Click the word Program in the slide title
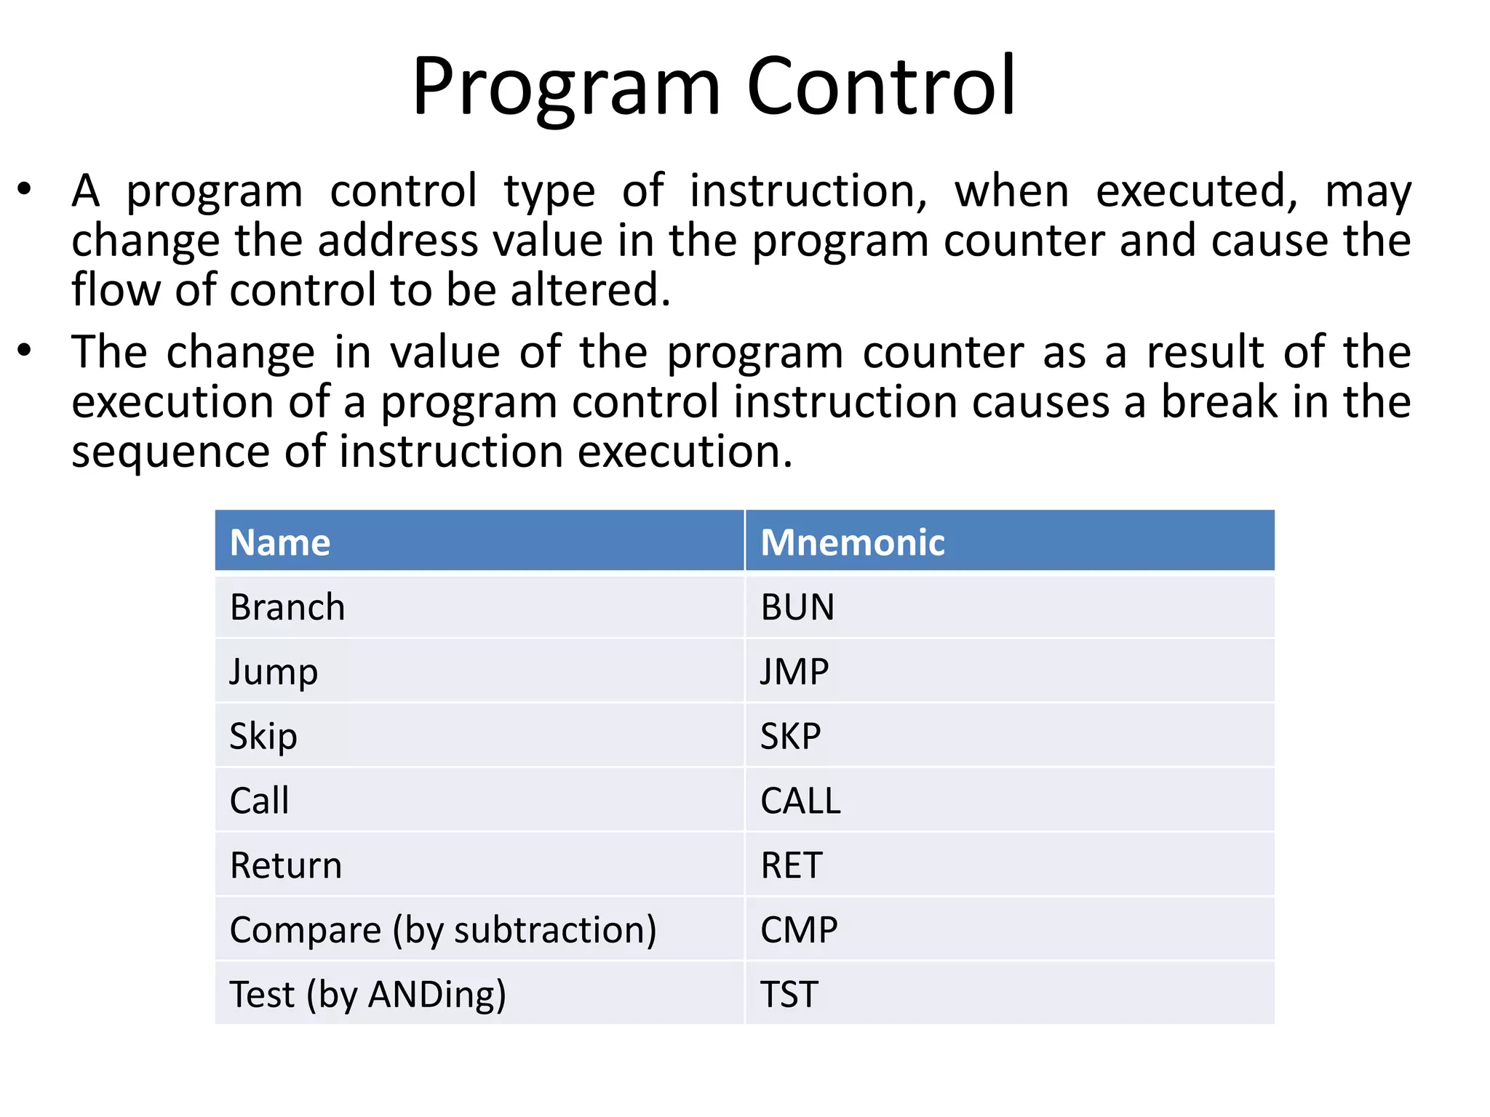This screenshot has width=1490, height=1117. (566, 87)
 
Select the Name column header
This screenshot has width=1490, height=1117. (280, 543)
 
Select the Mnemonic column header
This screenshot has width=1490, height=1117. (852, 543)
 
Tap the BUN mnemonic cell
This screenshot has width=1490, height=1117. (797, 607)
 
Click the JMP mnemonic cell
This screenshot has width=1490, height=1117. (794, 671)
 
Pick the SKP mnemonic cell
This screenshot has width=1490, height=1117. (790, 736)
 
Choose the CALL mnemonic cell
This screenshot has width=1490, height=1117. (800, 801)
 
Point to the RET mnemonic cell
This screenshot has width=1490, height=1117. (791, 865)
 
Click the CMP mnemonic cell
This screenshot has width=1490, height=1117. (799, 930)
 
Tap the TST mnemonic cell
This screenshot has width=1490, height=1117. (789, 994)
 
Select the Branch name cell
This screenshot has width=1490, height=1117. (287, 607)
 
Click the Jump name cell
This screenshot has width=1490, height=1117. (274, 671)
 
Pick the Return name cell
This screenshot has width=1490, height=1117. (285, 865)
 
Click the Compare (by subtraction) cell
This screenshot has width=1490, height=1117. (442, 930)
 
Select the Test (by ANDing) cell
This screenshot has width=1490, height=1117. (367, 994)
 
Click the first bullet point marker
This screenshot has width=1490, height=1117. (25, 190)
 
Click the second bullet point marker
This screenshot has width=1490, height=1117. (25, 351)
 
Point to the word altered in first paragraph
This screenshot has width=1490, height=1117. (589, 289)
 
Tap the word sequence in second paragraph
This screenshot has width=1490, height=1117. (171, 452)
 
